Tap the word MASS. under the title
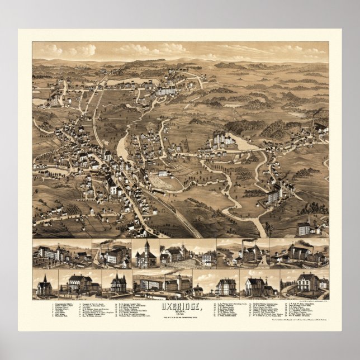coord(180,314)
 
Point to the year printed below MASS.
coord(180,318)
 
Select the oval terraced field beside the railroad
coord(166,181)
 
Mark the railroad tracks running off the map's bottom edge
coord(190,229)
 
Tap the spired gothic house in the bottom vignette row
coord(119,284)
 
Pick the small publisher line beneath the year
coord(180,321)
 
